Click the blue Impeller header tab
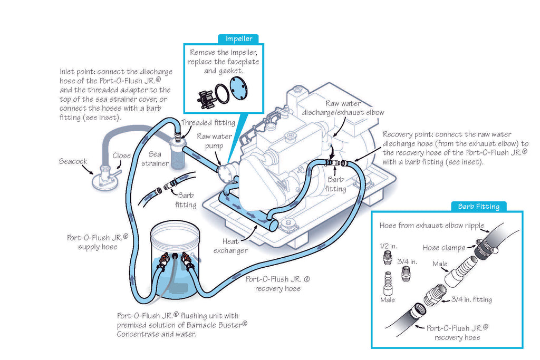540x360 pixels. click(x=238, y=38)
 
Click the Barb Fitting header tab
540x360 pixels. click(x=478, y=206)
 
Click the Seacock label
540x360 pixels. click(x=73, y=161)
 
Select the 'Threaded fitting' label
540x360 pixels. click(x=208, y=123)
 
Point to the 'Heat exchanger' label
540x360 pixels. click(x=230, y=246)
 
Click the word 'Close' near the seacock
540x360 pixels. click(x=122, y=155)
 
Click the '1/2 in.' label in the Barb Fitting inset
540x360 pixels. click(x=389, y=246)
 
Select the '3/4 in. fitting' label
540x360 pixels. click(x=471, y=299)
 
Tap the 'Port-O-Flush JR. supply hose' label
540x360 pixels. click(x=98, y=242)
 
